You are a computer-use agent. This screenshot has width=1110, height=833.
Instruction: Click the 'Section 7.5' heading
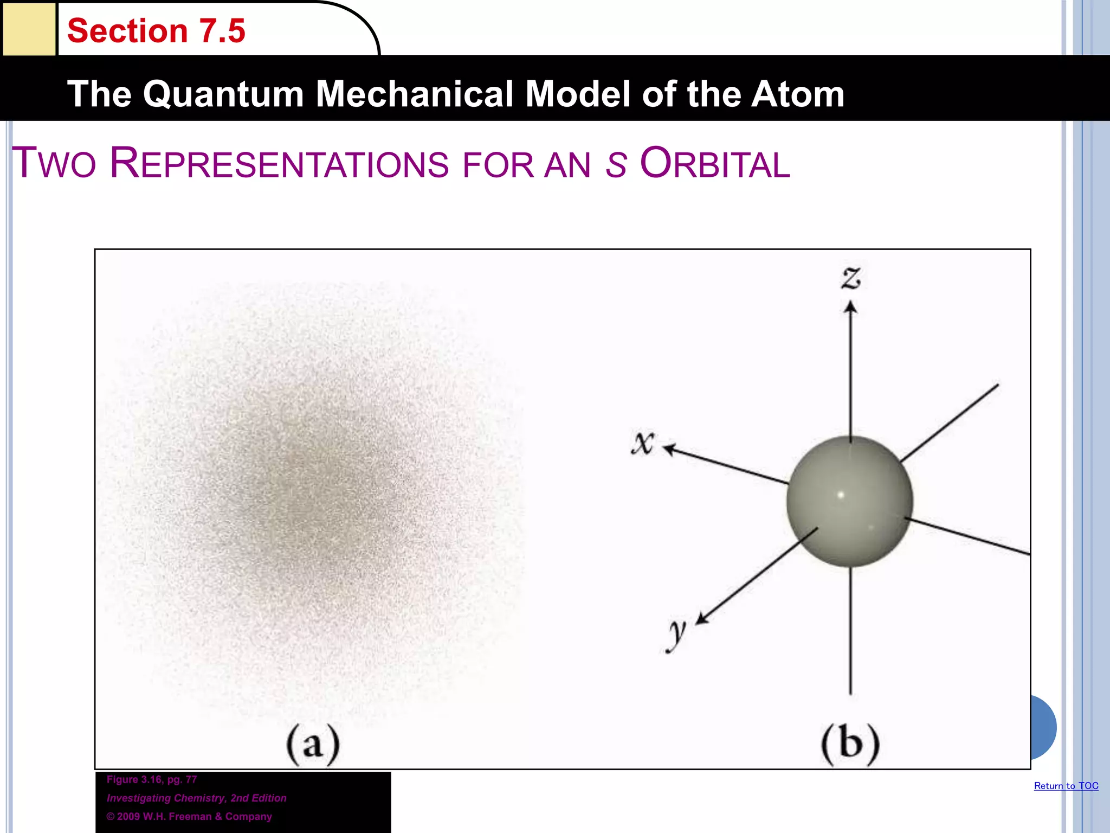click(x=156, y=31)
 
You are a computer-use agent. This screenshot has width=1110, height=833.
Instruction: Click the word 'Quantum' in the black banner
click(x=223, y=94)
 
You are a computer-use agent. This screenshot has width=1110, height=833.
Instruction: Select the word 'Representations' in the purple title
click(x=279, y=163)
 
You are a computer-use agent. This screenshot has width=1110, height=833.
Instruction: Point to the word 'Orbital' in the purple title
click(x=715, y=163)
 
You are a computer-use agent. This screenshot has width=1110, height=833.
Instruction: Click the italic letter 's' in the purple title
click(x=615, y=165)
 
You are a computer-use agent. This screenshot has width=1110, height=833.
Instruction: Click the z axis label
click(x=851, y=278)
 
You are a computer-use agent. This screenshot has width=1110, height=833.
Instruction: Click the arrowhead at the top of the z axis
click(x=850, y=308)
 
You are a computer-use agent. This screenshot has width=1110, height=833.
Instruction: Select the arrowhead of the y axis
click(x=702, y=619)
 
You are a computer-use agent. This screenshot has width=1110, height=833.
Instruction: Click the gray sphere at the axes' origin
click(x=850, y=502)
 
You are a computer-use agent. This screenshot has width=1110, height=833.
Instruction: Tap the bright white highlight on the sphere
click(x=841, y=495)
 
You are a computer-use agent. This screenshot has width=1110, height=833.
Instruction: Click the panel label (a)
click(x=313, y=745)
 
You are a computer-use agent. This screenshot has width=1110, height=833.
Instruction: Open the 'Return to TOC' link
click(x=1066, y=786)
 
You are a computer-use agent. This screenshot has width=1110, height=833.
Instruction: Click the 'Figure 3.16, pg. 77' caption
click(x=152, y=779)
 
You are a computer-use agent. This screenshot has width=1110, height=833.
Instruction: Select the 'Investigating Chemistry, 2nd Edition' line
click(x=196, y=798)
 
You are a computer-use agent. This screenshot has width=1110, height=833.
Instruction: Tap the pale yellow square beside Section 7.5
click(x=29, y=29)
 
